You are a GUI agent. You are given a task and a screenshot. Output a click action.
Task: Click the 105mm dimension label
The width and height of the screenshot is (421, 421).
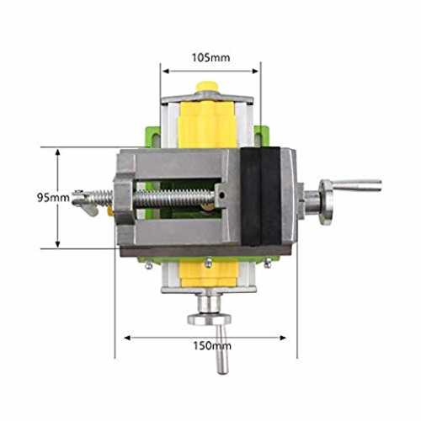(210, 58)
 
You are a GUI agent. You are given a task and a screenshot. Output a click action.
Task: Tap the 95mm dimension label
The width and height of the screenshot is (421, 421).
(53, 198)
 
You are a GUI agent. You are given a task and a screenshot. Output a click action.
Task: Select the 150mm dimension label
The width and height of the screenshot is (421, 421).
(212, 345)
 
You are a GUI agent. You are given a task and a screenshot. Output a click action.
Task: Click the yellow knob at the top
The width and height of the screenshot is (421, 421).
(208, 87)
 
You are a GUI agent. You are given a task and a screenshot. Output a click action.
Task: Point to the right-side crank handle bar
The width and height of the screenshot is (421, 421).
(357, 185)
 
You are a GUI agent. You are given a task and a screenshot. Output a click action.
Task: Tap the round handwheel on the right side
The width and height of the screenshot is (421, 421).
(327, 202)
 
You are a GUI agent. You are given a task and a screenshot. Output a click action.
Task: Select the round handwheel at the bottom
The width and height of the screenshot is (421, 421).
(210, 319)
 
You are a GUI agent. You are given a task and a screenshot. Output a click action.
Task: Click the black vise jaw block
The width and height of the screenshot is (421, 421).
(260, 196)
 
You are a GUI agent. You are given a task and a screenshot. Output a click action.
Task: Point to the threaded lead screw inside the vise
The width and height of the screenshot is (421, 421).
(175, 198)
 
